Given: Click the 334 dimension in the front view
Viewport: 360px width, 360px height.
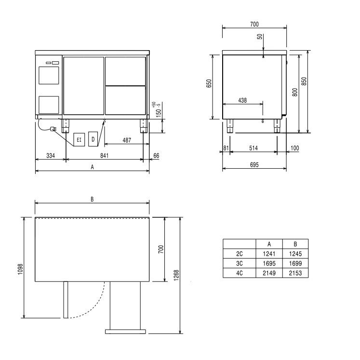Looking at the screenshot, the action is tap(51, 156).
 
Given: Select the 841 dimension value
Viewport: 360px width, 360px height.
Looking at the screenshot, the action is tap(104, 156).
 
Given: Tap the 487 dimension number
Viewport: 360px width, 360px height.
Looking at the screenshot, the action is tap(127, 140).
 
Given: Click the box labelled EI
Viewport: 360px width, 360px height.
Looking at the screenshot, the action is tap(79, 140).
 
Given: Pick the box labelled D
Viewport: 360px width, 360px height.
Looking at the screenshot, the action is tap(93, 139).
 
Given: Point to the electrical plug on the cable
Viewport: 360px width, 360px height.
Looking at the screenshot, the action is tap(53, 129).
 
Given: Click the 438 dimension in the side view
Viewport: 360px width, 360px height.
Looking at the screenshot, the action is tap(242, 100).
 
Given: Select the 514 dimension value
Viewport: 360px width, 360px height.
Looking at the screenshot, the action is tap(253, 148).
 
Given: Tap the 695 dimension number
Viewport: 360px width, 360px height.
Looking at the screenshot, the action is tap(254, 165).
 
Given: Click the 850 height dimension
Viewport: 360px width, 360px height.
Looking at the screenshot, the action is tap(304, 81).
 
